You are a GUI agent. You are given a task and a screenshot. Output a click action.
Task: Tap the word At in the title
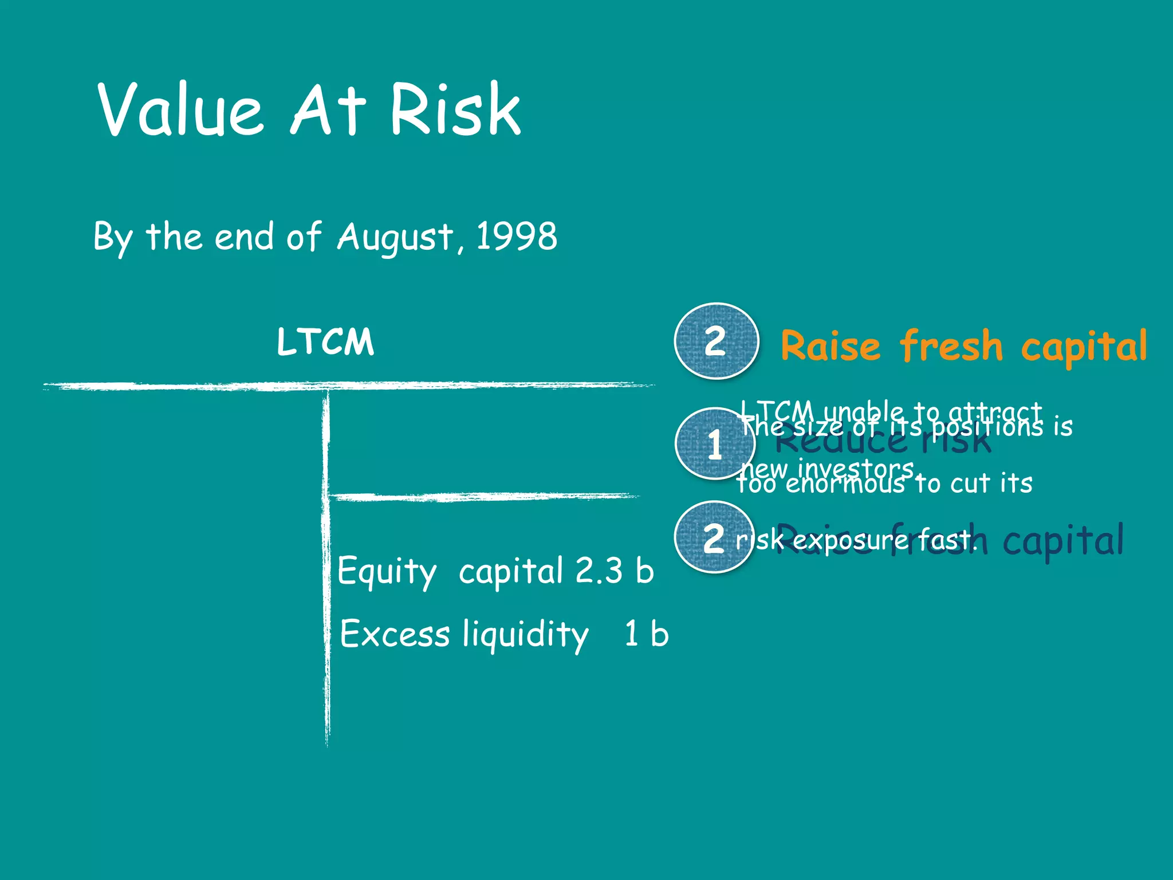point(328,110)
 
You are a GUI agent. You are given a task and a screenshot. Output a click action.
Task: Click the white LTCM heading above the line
point(325,342)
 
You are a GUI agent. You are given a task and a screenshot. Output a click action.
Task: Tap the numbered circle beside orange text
point(716,341)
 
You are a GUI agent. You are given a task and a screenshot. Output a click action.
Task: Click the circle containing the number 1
point(714,444)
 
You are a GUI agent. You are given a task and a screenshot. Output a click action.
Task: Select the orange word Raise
point(830,347)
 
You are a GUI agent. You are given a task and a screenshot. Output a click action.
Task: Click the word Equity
point(387,571)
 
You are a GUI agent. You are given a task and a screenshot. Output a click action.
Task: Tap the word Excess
point(395,634)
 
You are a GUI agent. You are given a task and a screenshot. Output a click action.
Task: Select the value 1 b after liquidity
point(647,634)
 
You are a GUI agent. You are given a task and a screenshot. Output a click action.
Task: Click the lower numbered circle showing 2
point(714,538)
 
